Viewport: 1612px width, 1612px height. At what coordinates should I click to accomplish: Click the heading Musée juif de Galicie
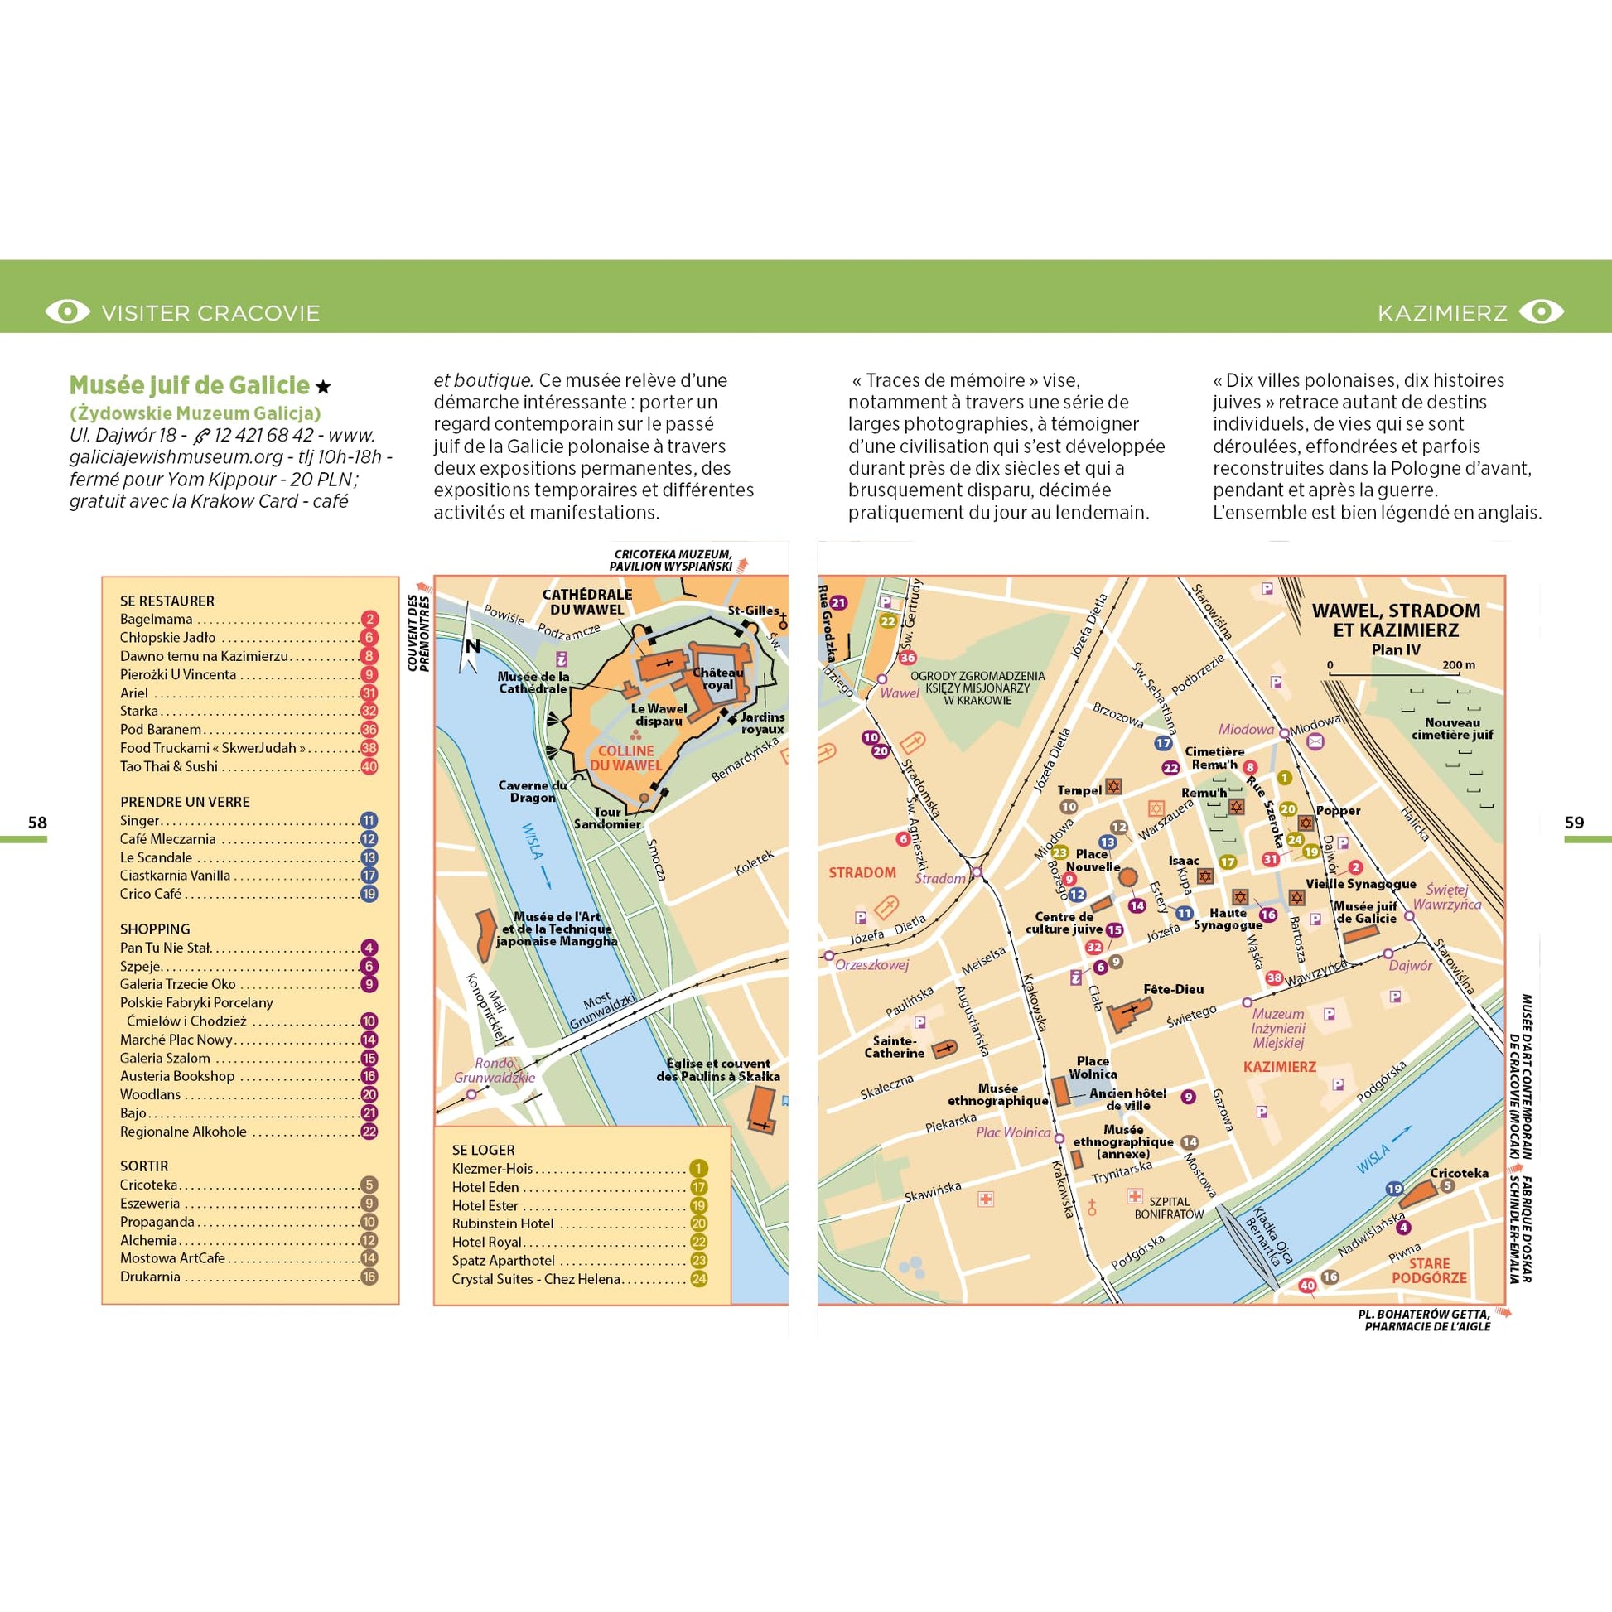tap(190, 385)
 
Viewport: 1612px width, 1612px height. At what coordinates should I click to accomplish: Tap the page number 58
tap(36, 823)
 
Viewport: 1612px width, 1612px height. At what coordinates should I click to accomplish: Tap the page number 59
tap(1574, 823)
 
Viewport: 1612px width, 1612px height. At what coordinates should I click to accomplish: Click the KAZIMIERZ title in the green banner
tap(1442, 313)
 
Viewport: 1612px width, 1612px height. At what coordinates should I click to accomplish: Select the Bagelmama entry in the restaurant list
tap(156, 619)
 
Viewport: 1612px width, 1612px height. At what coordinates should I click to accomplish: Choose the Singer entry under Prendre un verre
tap(139, 820)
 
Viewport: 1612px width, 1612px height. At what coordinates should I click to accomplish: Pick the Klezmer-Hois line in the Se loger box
tap(492, 1168)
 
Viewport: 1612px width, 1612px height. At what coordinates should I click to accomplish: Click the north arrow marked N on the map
tap(471, 648)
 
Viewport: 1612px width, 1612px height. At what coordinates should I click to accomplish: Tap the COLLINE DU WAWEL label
tap(625, 758)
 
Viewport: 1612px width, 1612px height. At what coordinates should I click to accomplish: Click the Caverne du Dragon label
tap(533, 791)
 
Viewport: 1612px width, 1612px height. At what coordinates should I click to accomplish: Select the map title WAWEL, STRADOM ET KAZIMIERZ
tap(1396, 620)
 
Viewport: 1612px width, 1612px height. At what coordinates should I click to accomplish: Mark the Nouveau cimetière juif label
tap(1452, 728)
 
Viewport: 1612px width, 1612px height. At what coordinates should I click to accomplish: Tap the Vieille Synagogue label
tap(1360, 884)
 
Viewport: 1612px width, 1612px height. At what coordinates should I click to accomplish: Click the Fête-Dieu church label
tap(1173, 989)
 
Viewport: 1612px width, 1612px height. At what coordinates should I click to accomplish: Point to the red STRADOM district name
tap(862, 873)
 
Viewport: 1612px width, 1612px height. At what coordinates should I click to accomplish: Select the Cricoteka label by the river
tap(1459, 1172)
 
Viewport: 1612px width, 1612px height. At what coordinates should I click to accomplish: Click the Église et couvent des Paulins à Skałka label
tap(717, 1069)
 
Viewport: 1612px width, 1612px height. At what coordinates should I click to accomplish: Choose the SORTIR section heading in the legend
tap(143, 1166)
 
